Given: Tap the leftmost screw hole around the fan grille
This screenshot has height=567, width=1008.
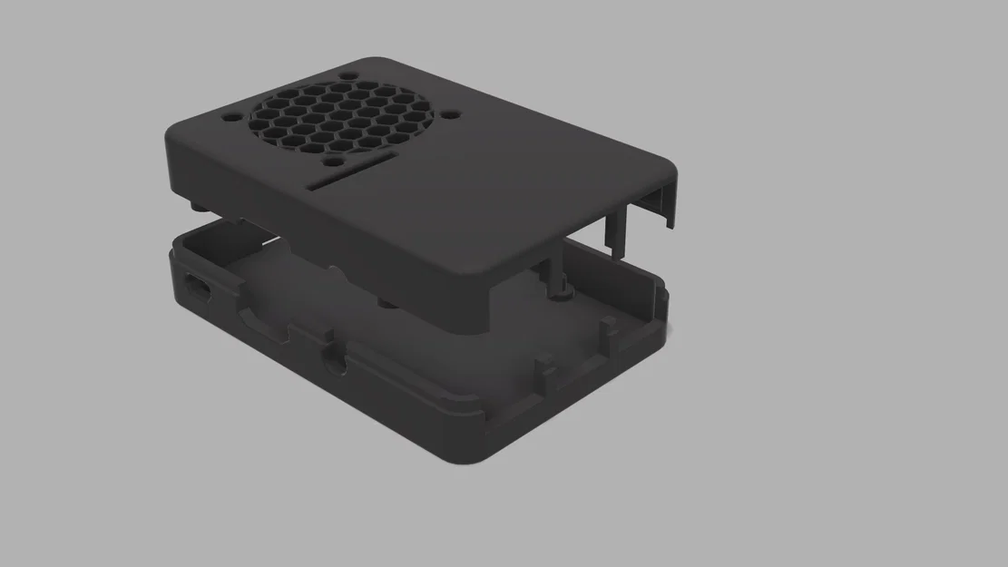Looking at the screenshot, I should (230, 117).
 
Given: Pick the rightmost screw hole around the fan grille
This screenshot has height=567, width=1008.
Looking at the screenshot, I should (453, 116).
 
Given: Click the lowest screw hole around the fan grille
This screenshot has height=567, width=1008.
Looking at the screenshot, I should (333, 164).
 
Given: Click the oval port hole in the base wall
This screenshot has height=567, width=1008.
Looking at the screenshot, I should (198, 289).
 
